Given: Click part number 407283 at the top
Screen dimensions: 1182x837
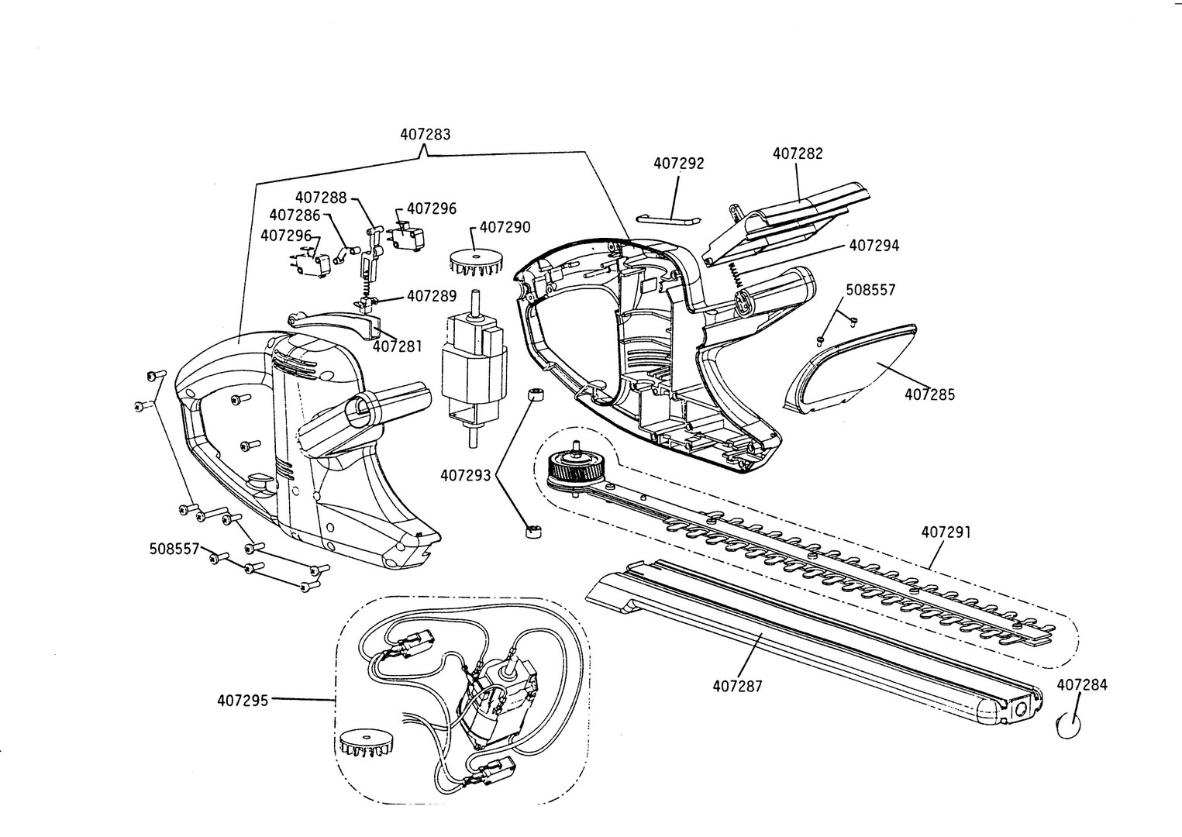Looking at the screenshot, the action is click(426, 135).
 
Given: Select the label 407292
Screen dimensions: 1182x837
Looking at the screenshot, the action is click(679, 164).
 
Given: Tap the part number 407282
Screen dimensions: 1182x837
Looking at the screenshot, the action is click(798, 153).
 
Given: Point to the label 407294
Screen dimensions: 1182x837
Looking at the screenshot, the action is click(874, 246).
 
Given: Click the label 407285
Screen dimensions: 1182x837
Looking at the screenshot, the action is click(930, 394).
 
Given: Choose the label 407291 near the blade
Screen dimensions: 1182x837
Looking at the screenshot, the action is click(946, 532).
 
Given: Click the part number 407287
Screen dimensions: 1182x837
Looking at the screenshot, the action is click(738, 687).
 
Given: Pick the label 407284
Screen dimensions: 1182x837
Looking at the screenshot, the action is click(1082, 685).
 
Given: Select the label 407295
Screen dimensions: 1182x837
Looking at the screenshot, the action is click(243, 701).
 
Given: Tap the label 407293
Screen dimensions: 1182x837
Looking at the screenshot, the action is click(465, 476).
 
